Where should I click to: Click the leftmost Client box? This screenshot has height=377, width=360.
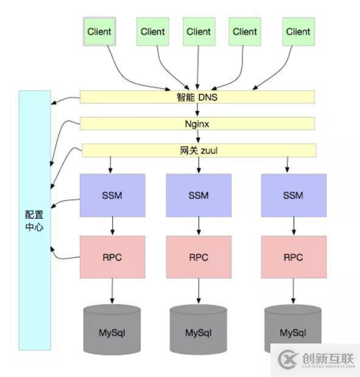coord(99,32)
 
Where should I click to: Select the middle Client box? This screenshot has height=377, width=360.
coord(199,32)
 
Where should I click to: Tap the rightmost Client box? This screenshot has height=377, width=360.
coord(298,32)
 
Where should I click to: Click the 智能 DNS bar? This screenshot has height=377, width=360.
coord(197,97)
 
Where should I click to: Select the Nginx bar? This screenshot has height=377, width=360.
coord(197,124)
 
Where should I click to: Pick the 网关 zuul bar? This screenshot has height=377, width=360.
coord(199,150)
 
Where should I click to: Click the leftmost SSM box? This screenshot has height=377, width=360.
coord(112,196)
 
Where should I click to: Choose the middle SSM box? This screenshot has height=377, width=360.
coord(199,196)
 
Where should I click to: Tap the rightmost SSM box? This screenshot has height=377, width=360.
coord(294,196)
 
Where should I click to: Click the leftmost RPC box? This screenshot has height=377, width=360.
coord(112,257)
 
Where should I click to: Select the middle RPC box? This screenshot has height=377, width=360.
coord(199,257)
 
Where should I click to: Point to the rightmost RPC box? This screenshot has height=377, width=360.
coord(294,257)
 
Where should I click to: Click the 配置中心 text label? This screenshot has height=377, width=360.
coord(34,221)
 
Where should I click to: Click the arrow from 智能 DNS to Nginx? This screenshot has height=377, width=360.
coord(197,110)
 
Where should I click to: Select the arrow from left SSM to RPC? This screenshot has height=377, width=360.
coord(112,227)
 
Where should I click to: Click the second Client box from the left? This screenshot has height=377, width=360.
coord(153,32)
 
